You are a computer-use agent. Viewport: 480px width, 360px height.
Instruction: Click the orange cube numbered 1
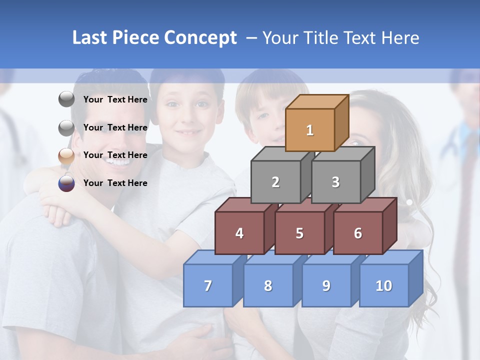[310, 130]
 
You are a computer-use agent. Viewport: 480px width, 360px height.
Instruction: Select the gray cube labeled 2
[275, 182]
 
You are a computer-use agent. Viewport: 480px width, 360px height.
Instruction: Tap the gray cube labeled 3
[335, 182]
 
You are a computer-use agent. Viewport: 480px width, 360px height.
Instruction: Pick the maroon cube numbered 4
[239, 233]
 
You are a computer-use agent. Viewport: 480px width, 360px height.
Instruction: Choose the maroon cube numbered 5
[299, 233]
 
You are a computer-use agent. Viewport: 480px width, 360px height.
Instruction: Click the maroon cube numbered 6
[358, 233]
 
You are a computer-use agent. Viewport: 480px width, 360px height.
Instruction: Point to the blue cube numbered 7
[208, 285]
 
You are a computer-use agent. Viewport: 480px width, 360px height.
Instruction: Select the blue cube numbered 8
[268, 285]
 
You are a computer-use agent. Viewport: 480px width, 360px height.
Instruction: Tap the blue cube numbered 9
[326, 285]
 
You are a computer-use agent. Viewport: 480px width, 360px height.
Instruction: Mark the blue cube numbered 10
[384, 285]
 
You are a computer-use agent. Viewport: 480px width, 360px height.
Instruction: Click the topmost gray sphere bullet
[66, 99]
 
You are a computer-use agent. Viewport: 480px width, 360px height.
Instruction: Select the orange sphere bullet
[66, 155]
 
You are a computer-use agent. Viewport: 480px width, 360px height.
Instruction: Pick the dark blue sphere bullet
[66, 183]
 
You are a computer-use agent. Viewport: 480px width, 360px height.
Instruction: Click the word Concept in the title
[200, 38]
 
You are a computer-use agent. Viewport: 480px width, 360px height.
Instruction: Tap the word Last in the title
[90, 38]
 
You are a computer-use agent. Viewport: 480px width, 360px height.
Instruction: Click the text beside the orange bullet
[115, 155]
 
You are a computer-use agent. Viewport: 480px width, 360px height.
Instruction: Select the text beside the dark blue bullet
[115, 183]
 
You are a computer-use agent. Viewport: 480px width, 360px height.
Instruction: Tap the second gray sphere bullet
[66, 128]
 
